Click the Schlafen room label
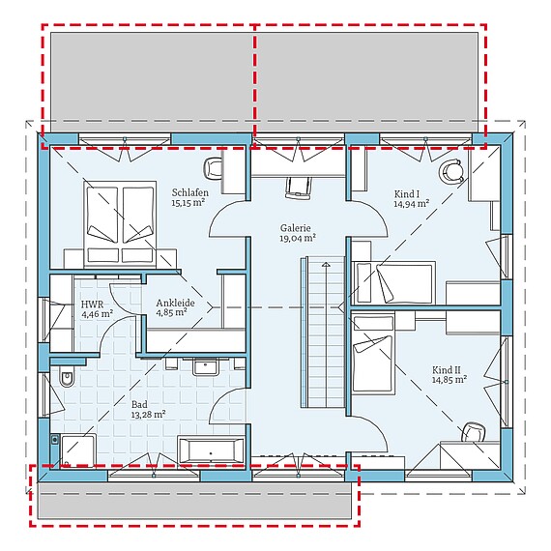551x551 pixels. pyautogui.click(x=189, y=192)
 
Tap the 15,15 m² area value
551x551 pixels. pyautogui.click(x=189, y=204)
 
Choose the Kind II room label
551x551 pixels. pyautogui.click(x=449, y=368)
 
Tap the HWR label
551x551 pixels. pyautogui.click(x=92, y=303)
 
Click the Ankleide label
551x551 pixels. pyautogui.click(x=176, y=303)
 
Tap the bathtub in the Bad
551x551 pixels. pyautogui.click(x=210, y=450)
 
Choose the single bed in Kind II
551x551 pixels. pyautogui.click(x=373, y=354)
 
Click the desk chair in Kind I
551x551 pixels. pyautogui.click(x=451, y=172)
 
